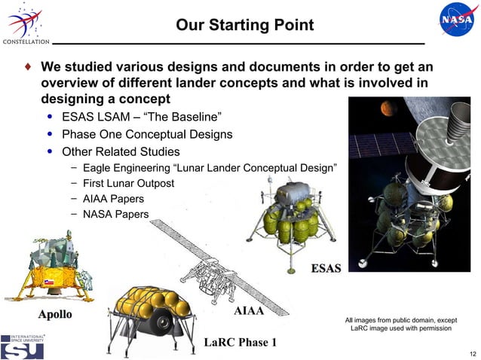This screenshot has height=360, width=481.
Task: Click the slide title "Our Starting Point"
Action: (244, 26)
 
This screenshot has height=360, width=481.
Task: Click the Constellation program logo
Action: (25, 23)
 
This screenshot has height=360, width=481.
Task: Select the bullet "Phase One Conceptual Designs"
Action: (146, 135)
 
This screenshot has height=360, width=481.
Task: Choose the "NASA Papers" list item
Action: (115, 215)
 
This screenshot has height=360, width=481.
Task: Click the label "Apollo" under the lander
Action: (50, 313)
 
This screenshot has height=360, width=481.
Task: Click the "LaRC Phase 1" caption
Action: (240, 343)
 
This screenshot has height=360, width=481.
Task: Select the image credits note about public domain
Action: (401, 324)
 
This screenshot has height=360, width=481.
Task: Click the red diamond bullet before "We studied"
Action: (28, 66)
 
